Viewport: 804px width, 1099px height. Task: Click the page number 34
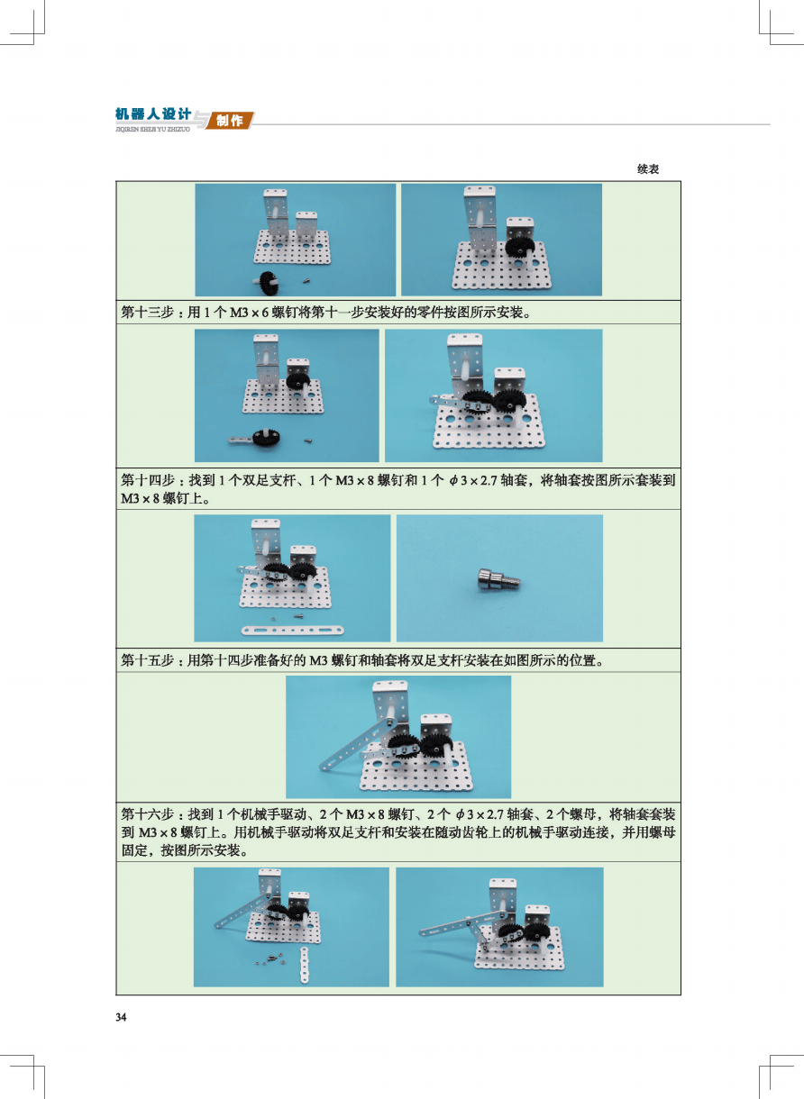click(121, 1017)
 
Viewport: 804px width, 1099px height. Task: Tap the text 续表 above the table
click(648, 169)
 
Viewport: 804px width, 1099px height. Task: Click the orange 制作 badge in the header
click(229, 121)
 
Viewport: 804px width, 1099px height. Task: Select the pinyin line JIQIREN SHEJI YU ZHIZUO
click(152, 130)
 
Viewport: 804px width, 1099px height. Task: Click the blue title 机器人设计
click(152, 114)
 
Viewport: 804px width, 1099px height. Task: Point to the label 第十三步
click(147, 312)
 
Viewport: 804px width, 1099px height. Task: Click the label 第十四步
click(147, 480)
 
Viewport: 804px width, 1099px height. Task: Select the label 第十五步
click(147, 660)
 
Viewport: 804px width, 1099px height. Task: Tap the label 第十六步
click(147, 814)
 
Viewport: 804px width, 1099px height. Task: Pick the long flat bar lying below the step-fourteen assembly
click(293, 631)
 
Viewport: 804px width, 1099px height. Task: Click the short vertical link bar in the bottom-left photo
click(306, 965)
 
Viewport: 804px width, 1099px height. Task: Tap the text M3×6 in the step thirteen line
click(249, 313)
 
